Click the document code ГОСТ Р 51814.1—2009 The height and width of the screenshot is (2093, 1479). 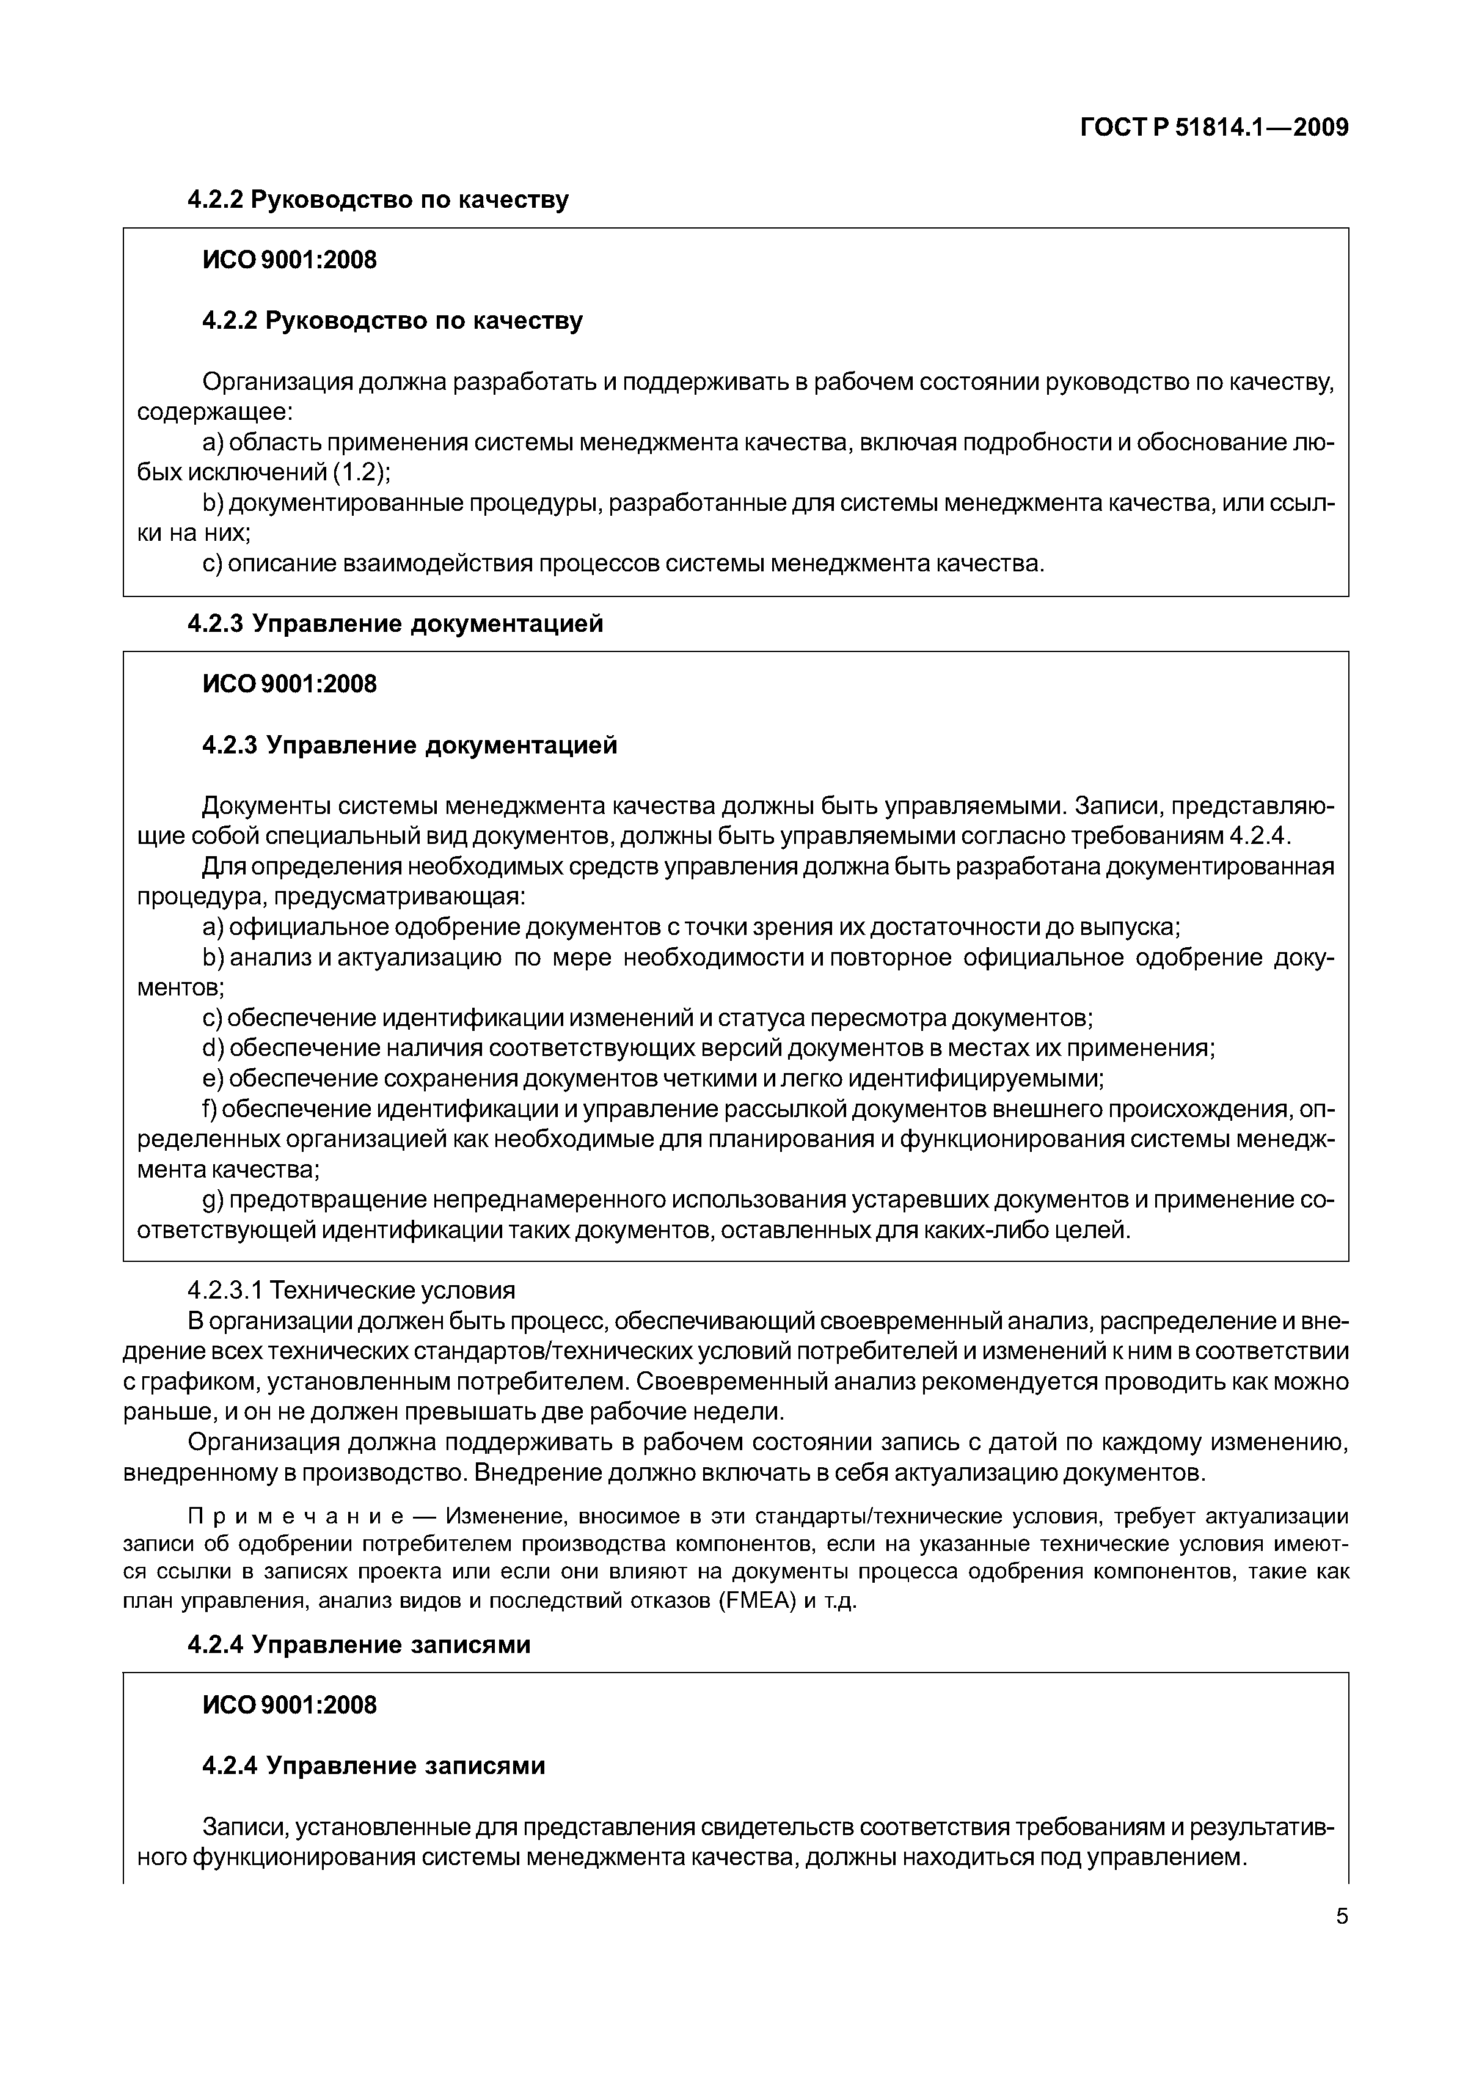tap(1214, 128)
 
